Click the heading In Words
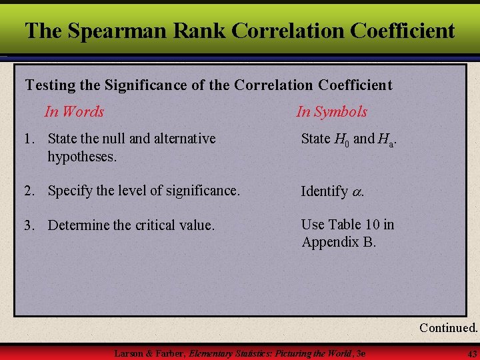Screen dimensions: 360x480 74,111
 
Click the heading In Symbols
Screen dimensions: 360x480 331,111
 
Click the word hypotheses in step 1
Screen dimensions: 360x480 82,157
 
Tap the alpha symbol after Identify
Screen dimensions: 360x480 357,192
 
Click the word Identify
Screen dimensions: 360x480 324,191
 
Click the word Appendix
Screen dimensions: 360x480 330,241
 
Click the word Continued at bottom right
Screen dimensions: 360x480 448,327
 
